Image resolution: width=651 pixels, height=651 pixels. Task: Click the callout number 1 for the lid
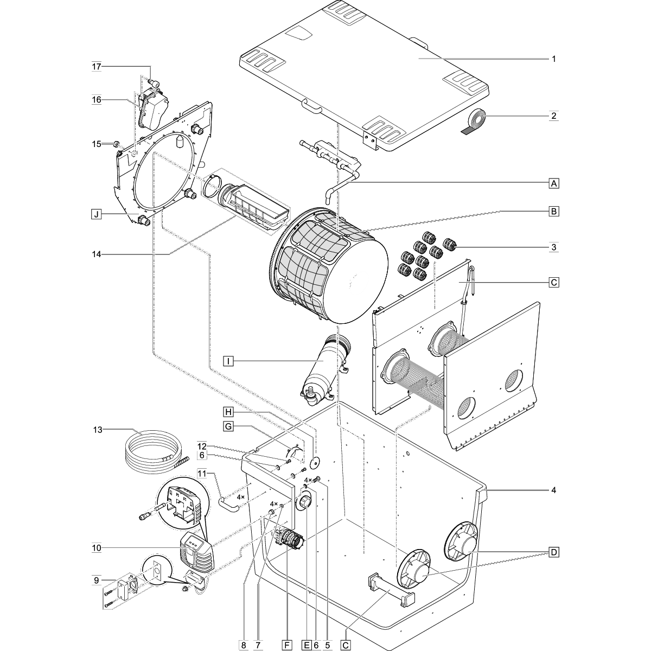pos(553,59)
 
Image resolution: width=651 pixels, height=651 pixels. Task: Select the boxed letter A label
pos(553,184)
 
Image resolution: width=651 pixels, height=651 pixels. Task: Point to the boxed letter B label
pos(553,211)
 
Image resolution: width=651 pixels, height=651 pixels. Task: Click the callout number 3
pos(553,247)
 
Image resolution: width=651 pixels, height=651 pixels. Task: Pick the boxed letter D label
pos(553,553)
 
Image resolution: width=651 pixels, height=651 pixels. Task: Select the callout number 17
pos(97,67)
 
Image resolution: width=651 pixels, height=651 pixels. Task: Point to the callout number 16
pos(97,100)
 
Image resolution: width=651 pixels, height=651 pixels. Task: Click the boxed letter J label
pos(96,214)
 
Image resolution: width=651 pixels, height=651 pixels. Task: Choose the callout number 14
pos(97,254)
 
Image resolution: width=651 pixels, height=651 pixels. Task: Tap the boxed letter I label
pos(228,361)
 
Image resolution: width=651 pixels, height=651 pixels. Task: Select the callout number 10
pos(97,548)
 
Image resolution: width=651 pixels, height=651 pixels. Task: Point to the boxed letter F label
pos(287,644)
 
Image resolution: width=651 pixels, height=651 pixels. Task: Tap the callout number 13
pos(97,430)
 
